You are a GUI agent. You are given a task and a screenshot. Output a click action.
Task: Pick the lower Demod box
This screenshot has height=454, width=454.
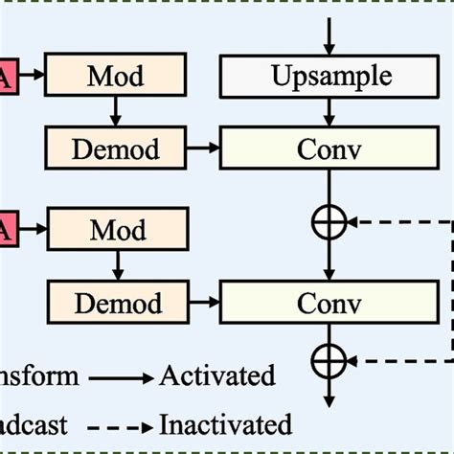(117, 305)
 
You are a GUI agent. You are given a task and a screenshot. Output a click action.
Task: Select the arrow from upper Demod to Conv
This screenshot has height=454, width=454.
(202, 148)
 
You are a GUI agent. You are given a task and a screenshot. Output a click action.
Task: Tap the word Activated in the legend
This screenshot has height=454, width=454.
(217, 375)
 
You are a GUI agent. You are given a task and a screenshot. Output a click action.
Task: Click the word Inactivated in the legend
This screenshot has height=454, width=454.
(225, 423)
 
